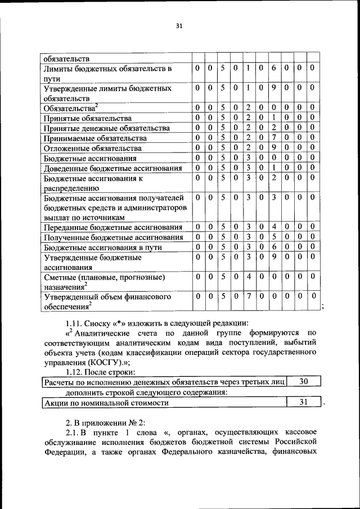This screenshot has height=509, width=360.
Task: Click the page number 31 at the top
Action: tap(179, 26)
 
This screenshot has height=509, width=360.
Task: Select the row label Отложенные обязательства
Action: tap(92, 148)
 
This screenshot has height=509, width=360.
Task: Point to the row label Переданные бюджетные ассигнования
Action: tap(112, 227)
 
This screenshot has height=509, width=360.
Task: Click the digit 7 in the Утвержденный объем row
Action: tap(247, 296)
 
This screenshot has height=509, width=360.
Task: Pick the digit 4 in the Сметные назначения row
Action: tap(247, 277)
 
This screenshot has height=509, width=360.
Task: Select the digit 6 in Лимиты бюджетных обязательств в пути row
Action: tap(273, 68)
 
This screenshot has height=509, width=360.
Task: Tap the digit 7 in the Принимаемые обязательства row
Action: tap(273, 138)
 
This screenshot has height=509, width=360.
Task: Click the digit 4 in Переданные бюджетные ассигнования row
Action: tap(273, 227)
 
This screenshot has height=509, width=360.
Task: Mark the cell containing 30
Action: tap(303, 382)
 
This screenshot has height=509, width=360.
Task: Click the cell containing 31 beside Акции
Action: tap(303, 403)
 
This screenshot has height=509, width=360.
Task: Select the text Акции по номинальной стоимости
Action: tap(106, 403)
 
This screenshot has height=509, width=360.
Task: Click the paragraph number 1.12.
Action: tap(75, 372)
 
